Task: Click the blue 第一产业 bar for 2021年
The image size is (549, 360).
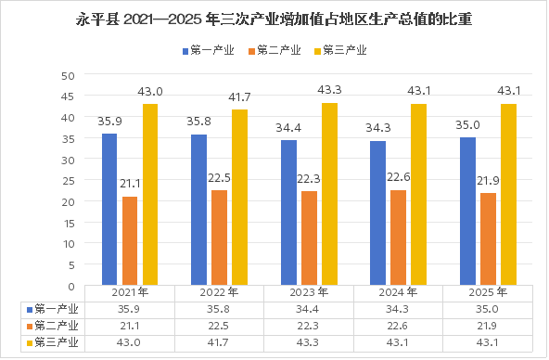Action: click(109, 210)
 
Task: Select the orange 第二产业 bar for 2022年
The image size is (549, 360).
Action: click(220, 238)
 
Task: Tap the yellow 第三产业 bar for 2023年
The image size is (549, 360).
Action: click(329, 194)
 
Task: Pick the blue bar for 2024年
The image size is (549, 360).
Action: click(378, 213)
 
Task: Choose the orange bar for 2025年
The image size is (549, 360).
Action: click(488, 239)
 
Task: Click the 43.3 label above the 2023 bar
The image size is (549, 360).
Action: click(329, 90)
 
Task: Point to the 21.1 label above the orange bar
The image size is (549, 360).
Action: click(130, 184)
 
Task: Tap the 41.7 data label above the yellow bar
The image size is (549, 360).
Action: click(239, 97)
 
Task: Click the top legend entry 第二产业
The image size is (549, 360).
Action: click(274, 50)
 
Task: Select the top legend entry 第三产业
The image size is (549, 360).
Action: click(340, 50)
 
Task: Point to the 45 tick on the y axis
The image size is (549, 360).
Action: click(68, 96)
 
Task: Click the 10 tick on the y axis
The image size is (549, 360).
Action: click(69, 244)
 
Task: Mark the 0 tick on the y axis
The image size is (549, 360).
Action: click(71, 287)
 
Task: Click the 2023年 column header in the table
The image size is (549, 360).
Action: click(309, 292)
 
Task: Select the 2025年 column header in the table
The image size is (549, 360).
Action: click(488, 292)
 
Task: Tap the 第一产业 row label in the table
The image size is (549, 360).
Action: click(53, 310)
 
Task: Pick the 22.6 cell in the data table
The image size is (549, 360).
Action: click(398, 326)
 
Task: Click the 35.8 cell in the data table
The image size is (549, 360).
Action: click(219, 310)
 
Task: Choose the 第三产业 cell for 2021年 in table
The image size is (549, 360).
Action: click(129, 342)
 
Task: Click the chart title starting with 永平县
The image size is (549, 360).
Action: click(274, 19)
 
